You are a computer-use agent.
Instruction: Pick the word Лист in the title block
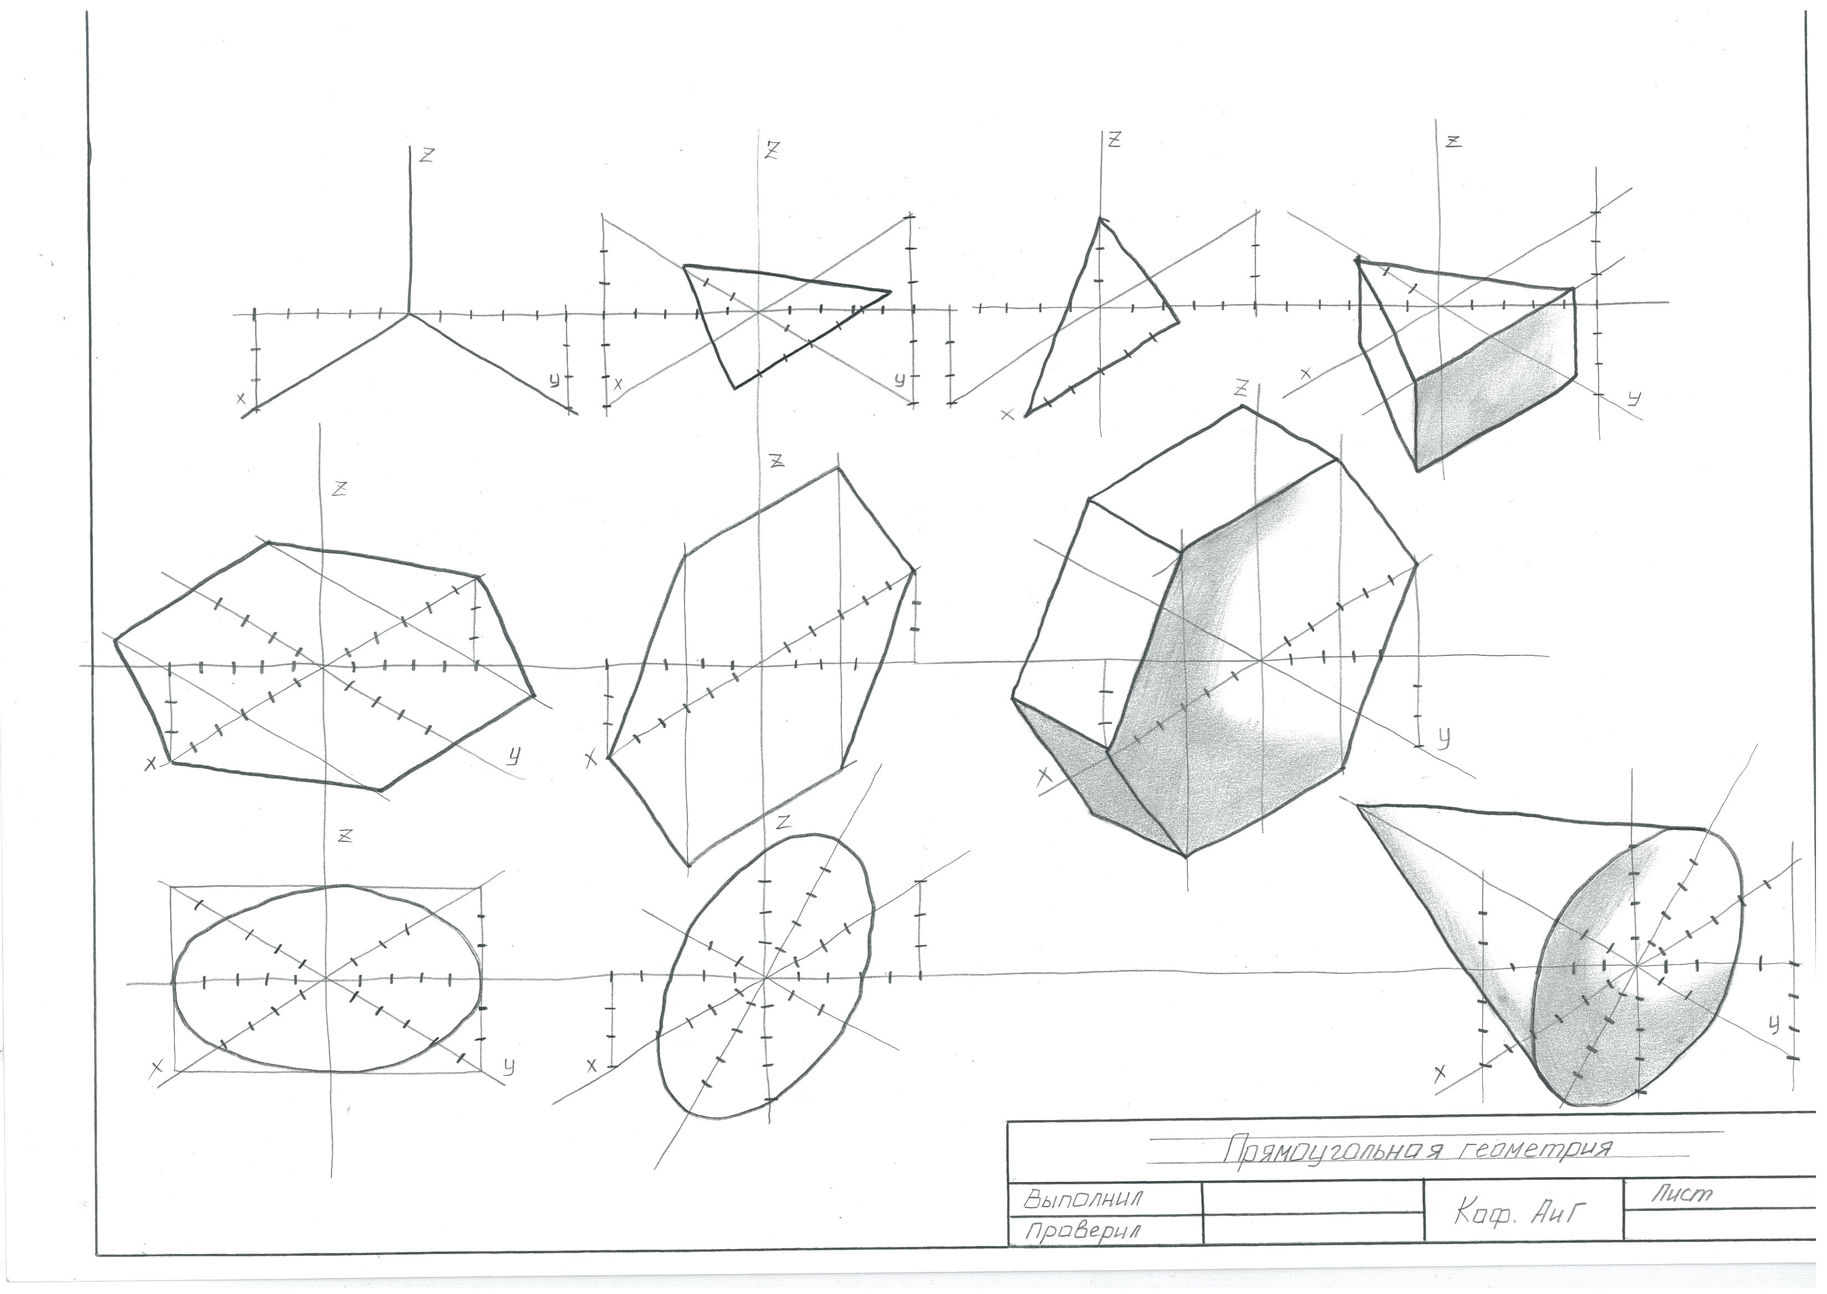1681,1193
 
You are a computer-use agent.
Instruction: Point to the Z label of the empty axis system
427,155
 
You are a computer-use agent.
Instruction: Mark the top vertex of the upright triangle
1100,218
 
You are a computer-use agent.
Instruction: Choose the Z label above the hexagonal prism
1241,388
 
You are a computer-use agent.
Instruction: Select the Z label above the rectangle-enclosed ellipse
345,836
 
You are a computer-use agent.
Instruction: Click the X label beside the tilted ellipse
591,1065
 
